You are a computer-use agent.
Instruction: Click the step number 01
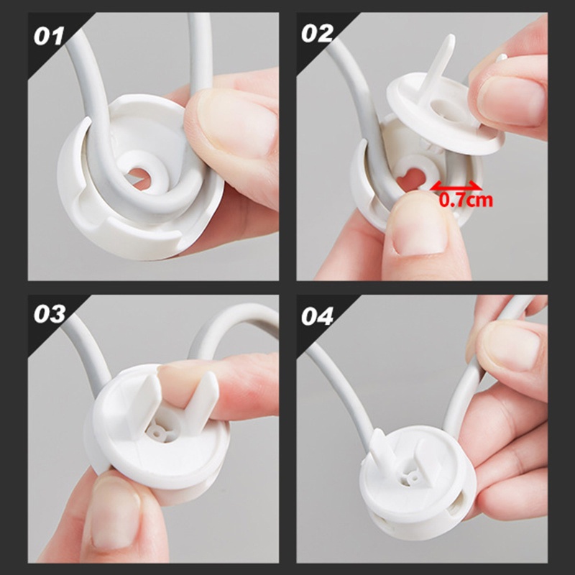coord(48,35)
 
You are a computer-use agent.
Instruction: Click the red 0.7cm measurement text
coord(466,200)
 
